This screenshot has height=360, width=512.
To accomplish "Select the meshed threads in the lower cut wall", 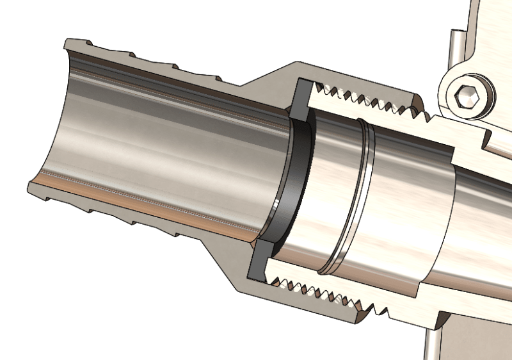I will pyautogui.click(x=320, y=292).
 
